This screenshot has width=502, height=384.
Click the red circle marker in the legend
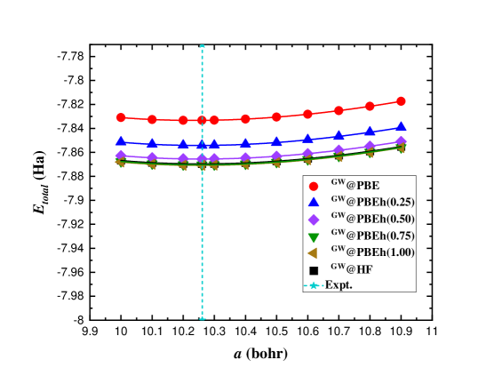tap(313, 186)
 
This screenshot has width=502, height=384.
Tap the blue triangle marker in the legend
tap(313, 203)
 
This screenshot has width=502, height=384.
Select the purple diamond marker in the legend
tap(313, 220)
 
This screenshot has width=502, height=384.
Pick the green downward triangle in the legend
tap(313, 237)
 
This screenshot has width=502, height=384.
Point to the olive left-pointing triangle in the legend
tap(313, 253)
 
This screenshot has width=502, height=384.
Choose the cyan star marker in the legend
tap(313, 285)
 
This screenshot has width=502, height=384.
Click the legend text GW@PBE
tap(355, 186)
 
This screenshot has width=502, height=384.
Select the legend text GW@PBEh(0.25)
tap(373, 203)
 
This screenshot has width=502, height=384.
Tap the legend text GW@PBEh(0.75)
tap(373, 236)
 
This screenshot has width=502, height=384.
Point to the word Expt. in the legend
tap(339, 285)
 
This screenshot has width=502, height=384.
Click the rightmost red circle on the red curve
tap(401, 101)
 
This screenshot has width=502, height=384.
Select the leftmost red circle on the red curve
tap(121, 117)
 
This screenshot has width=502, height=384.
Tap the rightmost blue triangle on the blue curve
tap(401, 126)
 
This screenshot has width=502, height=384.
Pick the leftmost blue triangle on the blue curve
tap(121, 140)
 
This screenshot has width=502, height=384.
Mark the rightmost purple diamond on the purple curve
tap(401, 141)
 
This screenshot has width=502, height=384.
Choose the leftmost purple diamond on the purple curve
tap(121, 156)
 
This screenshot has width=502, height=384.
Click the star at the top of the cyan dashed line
tap(203, 46)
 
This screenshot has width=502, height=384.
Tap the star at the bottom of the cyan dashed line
tap(203, 317)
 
